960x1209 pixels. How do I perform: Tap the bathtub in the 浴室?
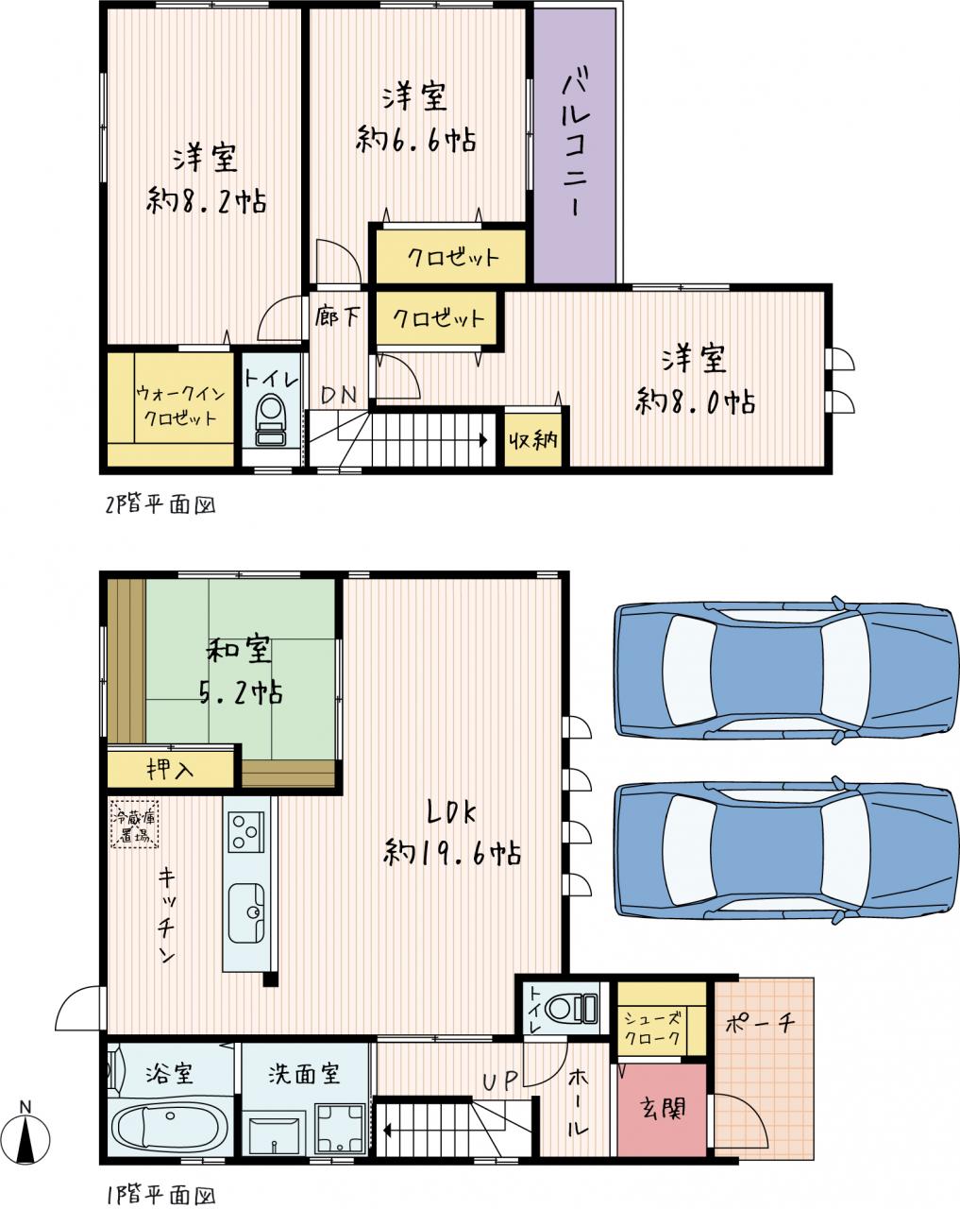169,1125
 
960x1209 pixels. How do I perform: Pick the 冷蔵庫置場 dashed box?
135,824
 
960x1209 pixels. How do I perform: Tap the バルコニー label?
576,142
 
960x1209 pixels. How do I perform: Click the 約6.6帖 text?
416,139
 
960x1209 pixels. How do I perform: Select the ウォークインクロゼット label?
179,405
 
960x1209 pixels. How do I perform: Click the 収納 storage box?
532,439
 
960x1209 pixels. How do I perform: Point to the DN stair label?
339,396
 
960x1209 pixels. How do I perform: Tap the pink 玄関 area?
662,1109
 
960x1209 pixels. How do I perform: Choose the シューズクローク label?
653,1028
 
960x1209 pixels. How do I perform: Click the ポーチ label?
760,1024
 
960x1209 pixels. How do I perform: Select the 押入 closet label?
170,769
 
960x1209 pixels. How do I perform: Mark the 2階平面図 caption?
160,504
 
